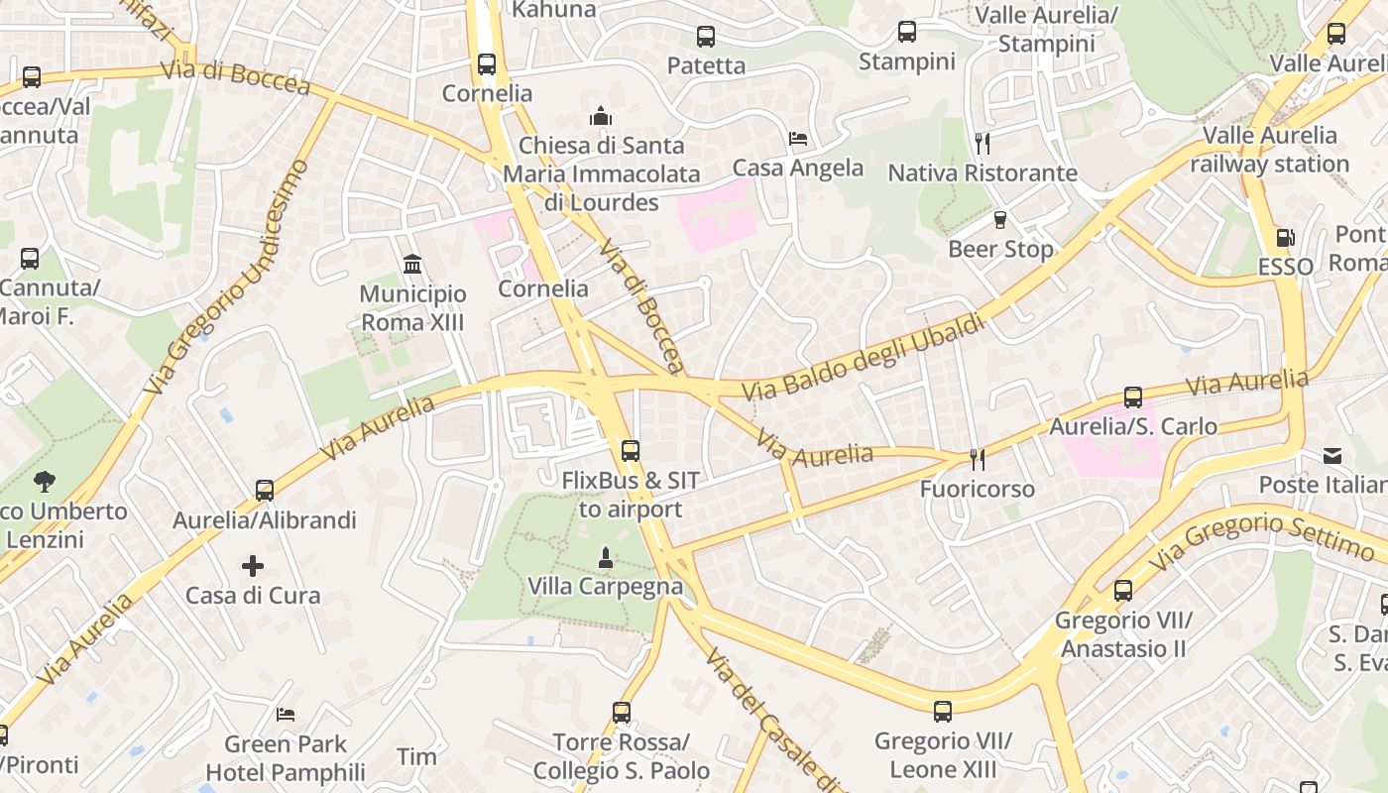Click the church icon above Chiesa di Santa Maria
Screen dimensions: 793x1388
600,117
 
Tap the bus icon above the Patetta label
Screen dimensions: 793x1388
706,38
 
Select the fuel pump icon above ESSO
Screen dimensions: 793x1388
1285,238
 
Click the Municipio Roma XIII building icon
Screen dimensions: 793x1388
412,265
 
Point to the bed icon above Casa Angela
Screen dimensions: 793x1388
798,139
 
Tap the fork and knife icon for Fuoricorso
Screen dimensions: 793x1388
978,459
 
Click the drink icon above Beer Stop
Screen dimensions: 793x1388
999,220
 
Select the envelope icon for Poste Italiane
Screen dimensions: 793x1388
1332,456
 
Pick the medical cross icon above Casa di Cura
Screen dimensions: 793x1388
253,566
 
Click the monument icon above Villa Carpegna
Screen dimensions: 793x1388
606,558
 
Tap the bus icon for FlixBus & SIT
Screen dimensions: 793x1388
630,451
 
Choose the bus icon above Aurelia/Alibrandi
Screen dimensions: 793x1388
265,491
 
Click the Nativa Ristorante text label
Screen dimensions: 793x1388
982,173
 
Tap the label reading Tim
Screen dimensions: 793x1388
416,757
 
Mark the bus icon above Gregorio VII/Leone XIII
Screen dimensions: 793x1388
942,712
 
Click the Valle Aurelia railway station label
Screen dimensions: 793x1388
1270,150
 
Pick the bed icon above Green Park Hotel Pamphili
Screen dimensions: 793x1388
286,714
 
